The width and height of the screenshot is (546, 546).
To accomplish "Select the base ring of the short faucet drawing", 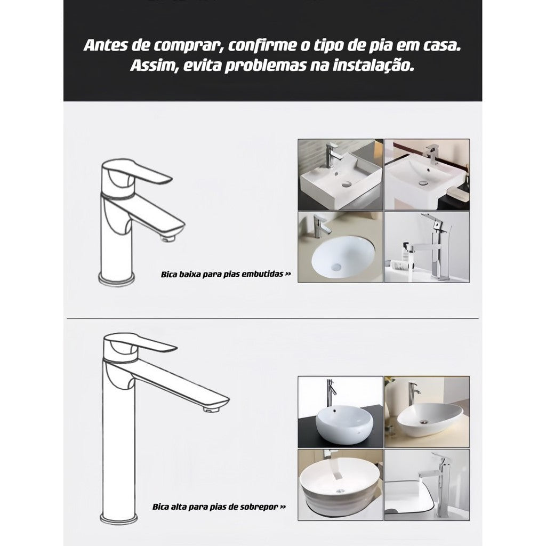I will tap(118, 278).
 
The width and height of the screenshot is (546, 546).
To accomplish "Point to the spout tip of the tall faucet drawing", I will tap(215, 408).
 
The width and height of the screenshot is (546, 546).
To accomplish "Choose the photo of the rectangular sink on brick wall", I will tap(340, 174).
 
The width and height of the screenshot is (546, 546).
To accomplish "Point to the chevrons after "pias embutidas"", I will tap(288, 276).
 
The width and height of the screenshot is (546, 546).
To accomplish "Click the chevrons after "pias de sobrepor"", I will tap(283, 507).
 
